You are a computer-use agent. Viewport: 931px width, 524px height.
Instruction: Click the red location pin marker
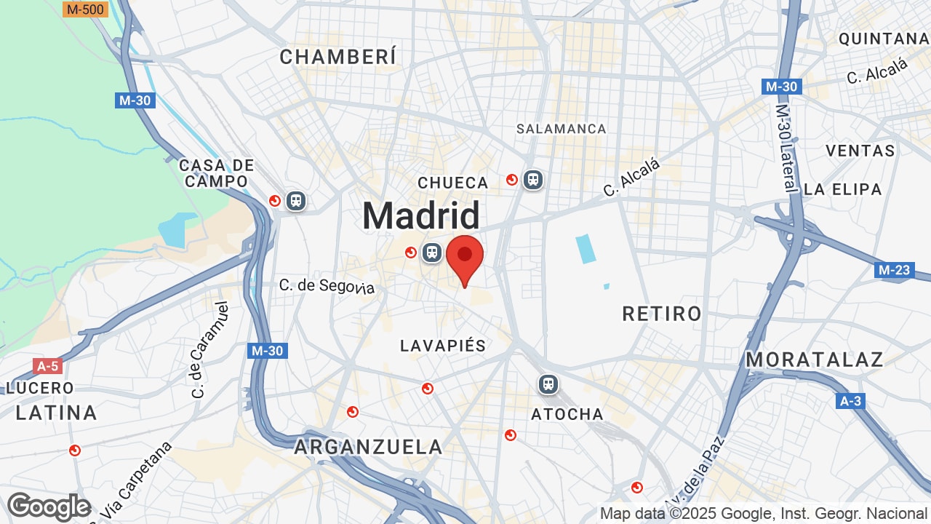click(x=465, y=258)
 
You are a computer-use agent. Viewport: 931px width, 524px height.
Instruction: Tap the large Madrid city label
click(x=421, y=216)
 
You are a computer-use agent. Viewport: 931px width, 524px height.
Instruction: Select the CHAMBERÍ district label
click(x=338, y=57)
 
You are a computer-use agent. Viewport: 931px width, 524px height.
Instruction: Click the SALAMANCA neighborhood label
click(x=561, y=129)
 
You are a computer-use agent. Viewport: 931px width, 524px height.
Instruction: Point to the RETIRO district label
click(x=662, y=314)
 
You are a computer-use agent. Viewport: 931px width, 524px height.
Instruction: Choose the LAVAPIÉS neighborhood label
click(x=442, y=346)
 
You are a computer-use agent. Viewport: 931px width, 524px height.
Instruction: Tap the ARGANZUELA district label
click(x=368, y=447)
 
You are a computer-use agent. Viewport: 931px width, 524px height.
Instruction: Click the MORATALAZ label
click(x=815, y=360)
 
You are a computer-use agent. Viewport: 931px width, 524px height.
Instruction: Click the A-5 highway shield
click(x=47, y=365)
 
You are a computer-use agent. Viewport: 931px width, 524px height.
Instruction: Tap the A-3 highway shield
click(x=850, y=401)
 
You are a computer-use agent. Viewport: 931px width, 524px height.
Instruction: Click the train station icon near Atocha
click(x=548, y=384)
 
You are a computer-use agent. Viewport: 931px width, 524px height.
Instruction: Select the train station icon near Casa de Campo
click(x=295, y=200)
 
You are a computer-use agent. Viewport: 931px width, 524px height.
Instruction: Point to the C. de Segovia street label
click(x=327, y=286)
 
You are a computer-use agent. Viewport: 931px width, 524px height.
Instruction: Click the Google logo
click(x=49, y=507)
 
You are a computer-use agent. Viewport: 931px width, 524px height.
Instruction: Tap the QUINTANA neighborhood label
click(x=884, y=39)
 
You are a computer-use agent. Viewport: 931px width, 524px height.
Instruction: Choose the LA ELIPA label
click(x=842, y=189)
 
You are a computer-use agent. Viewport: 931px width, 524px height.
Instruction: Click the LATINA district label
click(x=57, y=413)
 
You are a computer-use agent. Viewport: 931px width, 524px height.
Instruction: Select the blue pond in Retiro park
click(x=586, y=249)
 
